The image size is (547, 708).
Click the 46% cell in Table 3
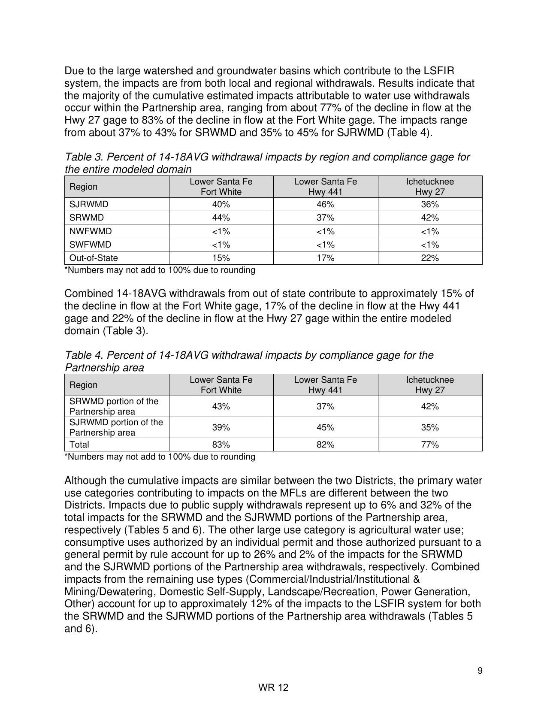[x=325, y=204]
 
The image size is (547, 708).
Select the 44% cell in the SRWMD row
[x=221, y=218]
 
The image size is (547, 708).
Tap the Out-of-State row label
[x=94, y=258]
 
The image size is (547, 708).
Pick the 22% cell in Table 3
[x=430, y=258]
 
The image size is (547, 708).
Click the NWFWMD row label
[x=91, y=231]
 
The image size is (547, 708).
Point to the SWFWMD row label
[x=90, y=245]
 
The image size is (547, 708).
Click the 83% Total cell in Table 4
[x=221, y=445]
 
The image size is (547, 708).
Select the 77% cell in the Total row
[x=430, y=445]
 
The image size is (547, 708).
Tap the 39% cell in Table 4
[x=221, y=427]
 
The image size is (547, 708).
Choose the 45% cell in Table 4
[x=325, y=427]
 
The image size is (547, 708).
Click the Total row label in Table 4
[x=79, y=445]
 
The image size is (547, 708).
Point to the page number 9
[x=480, y=671]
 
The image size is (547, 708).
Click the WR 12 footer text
[x=273, y=687]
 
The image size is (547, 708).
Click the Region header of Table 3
[x=83, y=187]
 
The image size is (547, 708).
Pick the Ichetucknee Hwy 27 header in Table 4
[x=430, y=385]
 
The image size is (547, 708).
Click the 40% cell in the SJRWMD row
[x=221, y=204]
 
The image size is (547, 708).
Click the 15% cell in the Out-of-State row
[x=221, y=258]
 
